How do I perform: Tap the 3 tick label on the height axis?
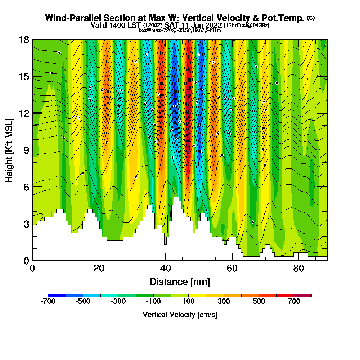[x=26, y=224]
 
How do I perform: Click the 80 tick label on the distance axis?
[x=298, y=268]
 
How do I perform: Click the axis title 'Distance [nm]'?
[x=180, y=282]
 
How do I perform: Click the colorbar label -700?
[x=48, y=302]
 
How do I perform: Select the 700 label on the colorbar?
[x=294, y=302]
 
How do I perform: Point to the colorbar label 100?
[x=189, y=302]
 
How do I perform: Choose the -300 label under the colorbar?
[x=118, y=302]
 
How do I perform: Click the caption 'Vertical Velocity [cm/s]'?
[x=180, y=315]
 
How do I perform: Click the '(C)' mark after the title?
[x=311, y=18]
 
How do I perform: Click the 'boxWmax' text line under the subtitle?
[x=180, y=30]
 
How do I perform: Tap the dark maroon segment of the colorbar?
[x=303, y=295]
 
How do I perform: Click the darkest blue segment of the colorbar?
[x=57, y=295]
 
